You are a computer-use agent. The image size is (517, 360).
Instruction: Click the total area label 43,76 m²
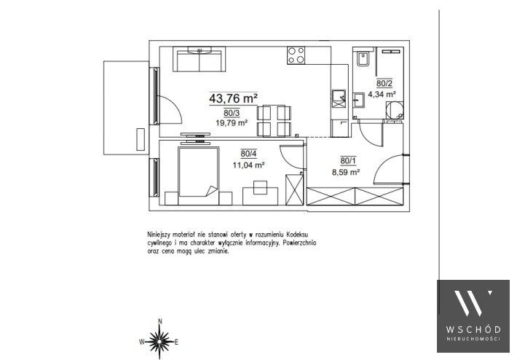(233, 98)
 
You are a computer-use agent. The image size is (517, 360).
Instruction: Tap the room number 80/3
(232, 113)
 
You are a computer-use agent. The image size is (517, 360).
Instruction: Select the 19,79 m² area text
(232, 123)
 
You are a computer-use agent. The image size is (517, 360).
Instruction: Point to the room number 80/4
(248, 154)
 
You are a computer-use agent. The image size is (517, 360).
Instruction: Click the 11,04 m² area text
(248, 165)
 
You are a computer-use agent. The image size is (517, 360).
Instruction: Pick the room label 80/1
(348, 161)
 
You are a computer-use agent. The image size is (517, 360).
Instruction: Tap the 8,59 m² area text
(346, 172)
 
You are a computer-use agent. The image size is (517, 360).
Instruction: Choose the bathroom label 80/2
(384, 84)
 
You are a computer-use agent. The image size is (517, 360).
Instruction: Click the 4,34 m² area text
(382, 94)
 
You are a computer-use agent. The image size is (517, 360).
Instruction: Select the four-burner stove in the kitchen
(296, 55)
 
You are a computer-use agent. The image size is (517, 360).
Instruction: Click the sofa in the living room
(199, 60)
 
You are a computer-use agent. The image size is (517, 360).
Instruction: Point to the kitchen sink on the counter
(339, 98)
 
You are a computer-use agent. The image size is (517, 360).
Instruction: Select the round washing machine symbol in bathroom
(395, 110)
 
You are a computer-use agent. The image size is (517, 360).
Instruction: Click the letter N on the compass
(160, 321)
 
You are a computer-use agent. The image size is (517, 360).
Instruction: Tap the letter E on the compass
(176, 343)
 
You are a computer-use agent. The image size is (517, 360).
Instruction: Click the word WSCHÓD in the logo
(473, 329)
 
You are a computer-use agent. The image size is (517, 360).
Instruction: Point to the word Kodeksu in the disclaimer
(297, 235)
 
